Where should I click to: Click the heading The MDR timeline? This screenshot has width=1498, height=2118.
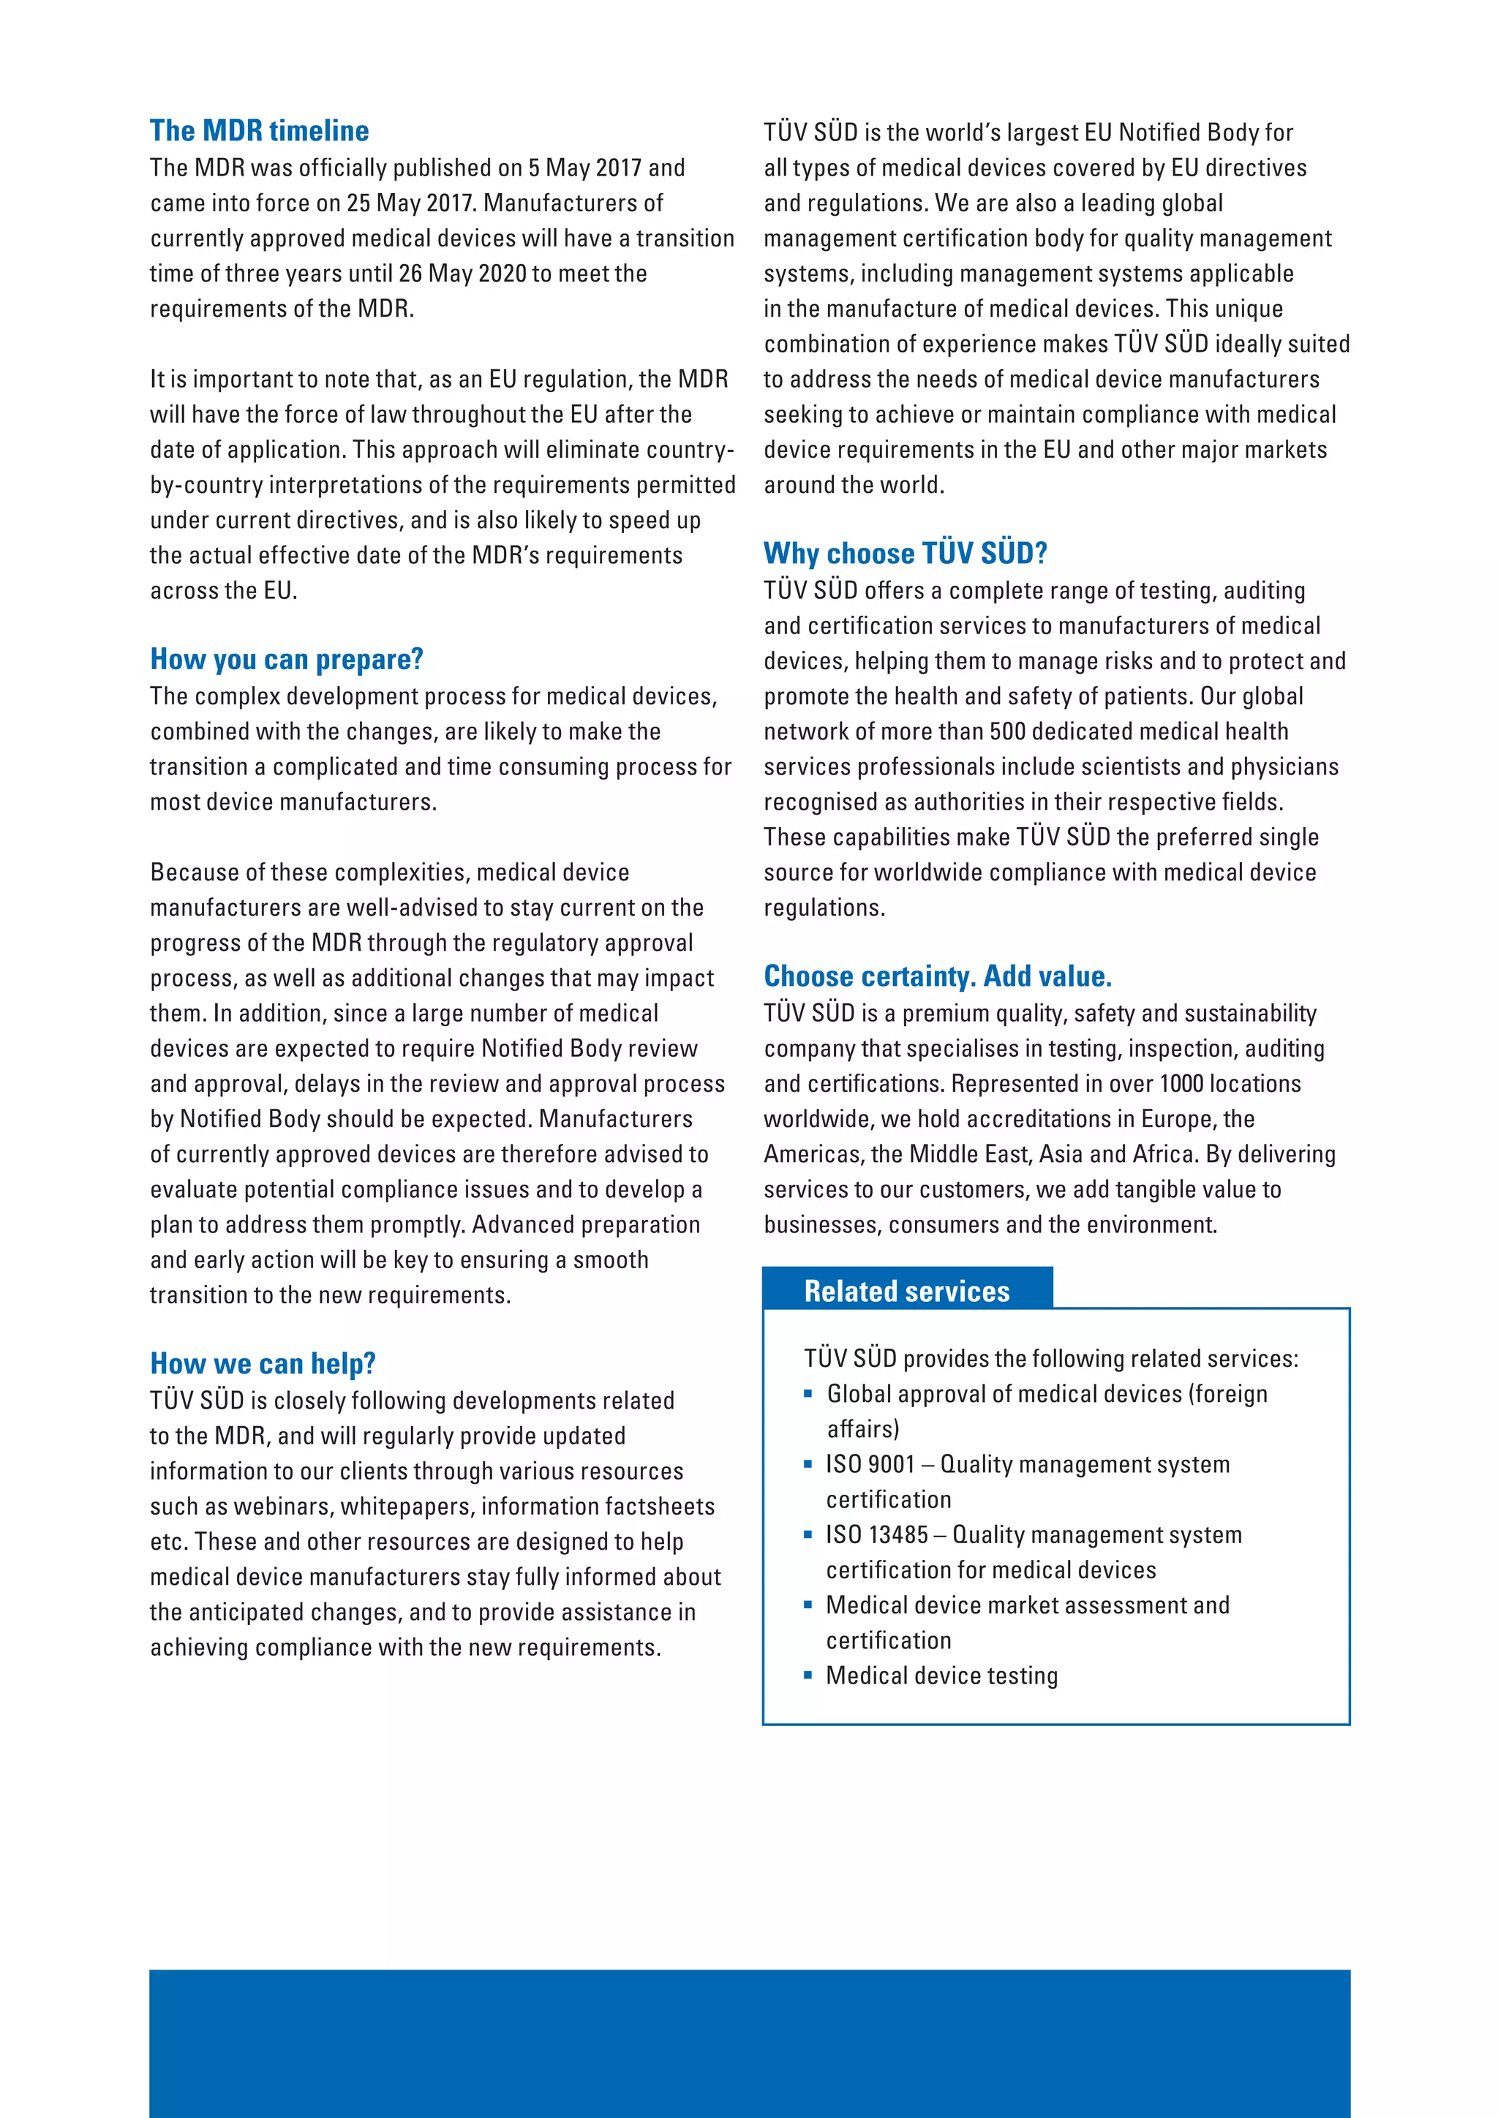(259, 131)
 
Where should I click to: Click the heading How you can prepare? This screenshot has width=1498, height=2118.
(287, 660)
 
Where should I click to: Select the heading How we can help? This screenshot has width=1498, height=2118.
(263, 1363)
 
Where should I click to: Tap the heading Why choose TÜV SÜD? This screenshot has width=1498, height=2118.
(905, 554)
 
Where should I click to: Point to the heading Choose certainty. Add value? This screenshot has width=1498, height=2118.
(937, 976)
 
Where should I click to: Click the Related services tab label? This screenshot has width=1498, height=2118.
(907, 1292)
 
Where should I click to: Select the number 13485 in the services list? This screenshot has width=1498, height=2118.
(898, 1535)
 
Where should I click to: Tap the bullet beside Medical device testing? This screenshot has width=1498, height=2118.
(808, 1676)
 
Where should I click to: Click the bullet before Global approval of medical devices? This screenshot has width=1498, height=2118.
(808, 1394)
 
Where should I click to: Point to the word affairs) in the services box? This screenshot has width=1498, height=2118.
(862, 1430)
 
